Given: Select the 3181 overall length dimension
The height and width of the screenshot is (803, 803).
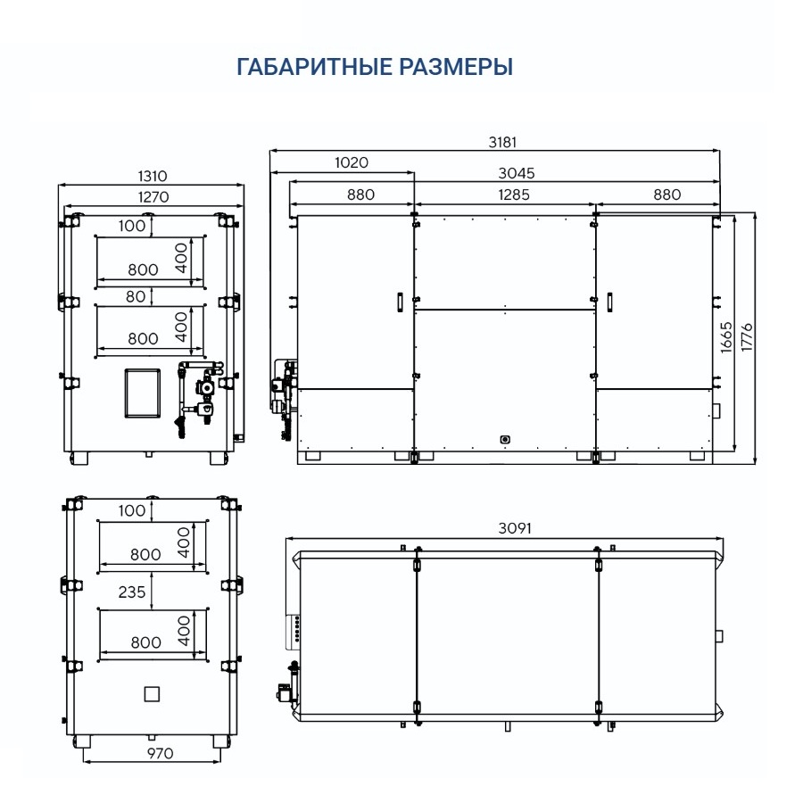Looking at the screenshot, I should coord(502,142).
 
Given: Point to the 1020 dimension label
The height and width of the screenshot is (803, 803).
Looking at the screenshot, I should coord(352,162).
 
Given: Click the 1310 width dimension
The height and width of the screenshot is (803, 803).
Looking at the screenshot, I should coord(149,177).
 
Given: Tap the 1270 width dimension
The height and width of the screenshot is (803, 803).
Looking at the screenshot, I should coord(149,196).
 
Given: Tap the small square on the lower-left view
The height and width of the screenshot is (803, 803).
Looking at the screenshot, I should coord(152,693).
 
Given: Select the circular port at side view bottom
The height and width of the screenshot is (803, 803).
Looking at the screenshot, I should coord(506,439).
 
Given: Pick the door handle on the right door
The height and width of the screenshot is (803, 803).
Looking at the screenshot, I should coord(609,303).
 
